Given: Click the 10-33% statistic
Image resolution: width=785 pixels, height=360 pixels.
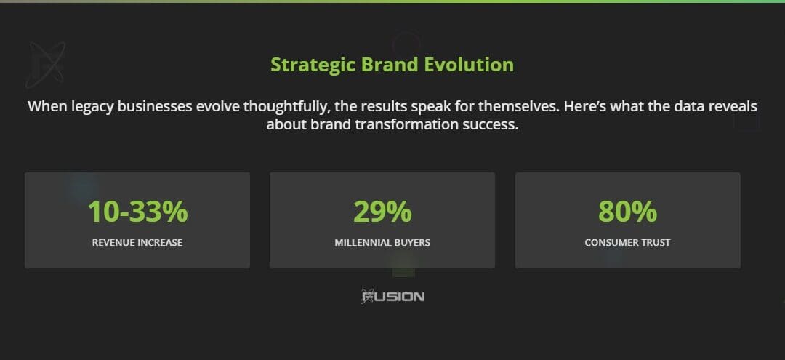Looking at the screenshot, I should (x=137, y=212).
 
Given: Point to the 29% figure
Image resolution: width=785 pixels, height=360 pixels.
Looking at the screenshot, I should (x=382, y=212).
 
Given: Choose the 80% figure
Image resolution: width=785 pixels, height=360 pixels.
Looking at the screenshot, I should (x=627, y=212).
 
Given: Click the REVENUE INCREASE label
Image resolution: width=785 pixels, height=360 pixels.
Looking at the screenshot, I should (x=137, y=242).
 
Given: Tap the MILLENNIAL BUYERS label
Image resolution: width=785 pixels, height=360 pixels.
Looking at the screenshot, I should (x=382, y=242).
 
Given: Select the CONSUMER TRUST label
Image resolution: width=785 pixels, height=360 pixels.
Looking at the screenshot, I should (x=627, y=242).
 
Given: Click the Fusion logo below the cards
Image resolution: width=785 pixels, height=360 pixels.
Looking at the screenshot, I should (x=392, y=296).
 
